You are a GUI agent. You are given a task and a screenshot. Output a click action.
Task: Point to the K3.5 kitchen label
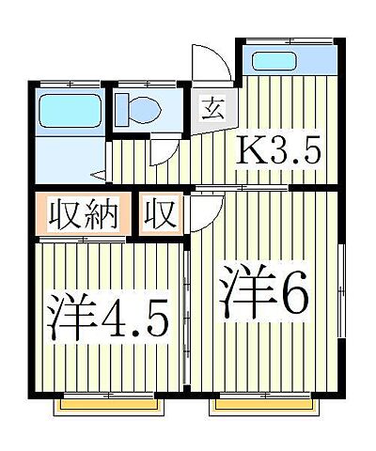click(281, 151)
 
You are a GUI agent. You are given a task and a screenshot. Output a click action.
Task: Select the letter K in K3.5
click(252, 151)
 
